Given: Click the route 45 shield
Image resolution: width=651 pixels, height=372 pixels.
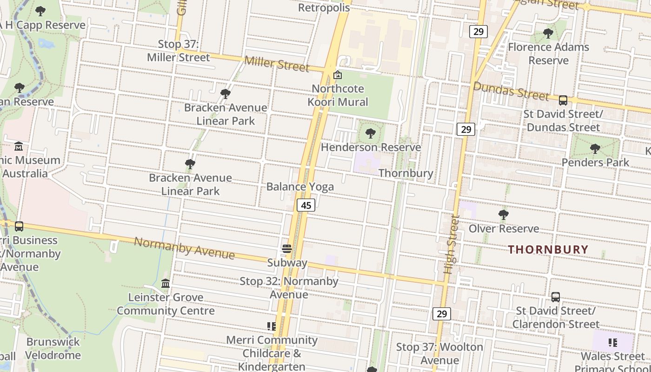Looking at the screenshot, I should coord(306,205).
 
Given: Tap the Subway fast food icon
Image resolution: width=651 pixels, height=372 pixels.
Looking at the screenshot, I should coord(287,249).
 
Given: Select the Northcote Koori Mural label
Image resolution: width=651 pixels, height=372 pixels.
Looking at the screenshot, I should coord(338,95).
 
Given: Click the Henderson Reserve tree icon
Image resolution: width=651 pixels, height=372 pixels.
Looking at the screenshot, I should coord(370,134).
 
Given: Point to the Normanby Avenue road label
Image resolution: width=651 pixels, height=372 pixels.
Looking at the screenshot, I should coord(184,248).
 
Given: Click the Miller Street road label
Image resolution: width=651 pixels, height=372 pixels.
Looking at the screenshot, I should coord(276,64).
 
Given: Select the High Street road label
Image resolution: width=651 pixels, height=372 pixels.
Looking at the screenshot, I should coord(451,244).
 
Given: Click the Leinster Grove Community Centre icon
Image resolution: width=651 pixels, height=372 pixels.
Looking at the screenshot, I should coord(166,283).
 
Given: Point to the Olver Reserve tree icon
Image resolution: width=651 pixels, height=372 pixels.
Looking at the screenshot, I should coord(503,215).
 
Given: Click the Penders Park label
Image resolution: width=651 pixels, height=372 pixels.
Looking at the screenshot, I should coord(595,162).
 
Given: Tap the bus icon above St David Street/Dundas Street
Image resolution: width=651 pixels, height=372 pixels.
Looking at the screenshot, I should coord(563,100).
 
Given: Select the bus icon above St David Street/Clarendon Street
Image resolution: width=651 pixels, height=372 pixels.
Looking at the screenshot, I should coord(555,297).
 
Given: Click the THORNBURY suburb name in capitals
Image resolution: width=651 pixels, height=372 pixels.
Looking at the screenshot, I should coord(548,249).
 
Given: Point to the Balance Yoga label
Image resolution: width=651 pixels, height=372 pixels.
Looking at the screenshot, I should coord(300,186).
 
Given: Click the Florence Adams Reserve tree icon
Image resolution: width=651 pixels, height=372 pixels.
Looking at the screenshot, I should coord(548,33).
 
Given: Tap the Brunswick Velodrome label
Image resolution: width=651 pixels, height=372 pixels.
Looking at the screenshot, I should coord(53,348).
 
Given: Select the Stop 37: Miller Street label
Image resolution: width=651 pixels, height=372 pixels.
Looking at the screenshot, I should coord(179,51).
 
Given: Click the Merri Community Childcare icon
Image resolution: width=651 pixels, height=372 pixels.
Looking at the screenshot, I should coord(272,326).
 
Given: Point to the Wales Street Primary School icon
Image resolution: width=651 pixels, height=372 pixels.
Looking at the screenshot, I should coord(612,343).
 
